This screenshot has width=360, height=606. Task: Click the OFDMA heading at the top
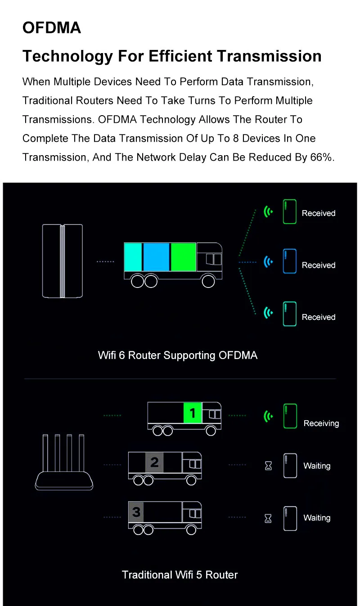52,28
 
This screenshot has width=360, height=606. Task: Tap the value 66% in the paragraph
322,157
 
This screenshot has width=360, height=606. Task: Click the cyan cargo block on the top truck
133,257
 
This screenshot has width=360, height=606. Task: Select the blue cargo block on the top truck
156,257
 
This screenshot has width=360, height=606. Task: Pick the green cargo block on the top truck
183,257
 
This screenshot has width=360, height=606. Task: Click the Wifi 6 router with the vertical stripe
62,261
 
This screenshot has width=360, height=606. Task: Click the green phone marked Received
289,212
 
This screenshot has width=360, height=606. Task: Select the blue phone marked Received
289,261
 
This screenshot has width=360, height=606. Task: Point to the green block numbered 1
193,413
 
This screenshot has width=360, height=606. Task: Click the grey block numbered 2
154,462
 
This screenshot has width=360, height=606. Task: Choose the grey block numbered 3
136,512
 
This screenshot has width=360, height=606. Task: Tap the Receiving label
321,423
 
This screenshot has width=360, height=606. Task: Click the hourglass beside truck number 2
269,466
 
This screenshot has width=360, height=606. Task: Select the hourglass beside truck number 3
268,518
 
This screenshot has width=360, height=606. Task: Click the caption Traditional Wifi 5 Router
180,575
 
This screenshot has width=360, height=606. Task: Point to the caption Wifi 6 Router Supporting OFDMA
178,355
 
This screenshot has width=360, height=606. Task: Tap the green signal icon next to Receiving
269,417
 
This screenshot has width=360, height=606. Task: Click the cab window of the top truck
213,259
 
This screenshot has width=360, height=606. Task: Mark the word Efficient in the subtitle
180,56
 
